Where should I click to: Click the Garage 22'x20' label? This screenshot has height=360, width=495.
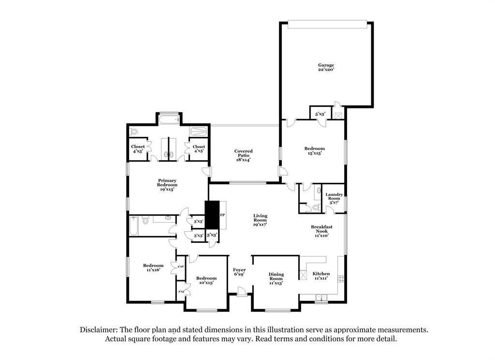pos(326,68)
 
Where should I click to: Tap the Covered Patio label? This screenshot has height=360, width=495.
pos(244,155)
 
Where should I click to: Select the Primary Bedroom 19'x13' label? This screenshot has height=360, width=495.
pos(167,185)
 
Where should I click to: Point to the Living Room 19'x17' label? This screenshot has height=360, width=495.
pos(260,220)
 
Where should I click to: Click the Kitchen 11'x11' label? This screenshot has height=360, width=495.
pos(321,276)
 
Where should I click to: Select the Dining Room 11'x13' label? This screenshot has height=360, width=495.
pos(276,278)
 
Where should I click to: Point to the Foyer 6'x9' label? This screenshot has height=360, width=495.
pos(239,272)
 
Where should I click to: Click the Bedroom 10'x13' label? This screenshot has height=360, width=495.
pos(206,280)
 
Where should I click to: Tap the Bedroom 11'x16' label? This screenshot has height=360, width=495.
pos(153,267)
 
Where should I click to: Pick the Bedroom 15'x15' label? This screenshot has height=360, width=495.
pos(314,150)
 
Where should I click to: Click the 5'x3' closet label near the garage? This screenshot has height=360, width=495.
pos(320,114)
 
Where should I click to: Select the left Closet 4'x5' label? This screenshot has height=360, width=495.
pos(138,149)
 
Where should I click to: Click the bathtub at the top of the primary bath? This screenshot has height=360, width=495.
pos(169,119)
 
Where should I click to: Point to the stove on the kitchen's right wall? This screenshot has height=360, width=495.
pos(341,279)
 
